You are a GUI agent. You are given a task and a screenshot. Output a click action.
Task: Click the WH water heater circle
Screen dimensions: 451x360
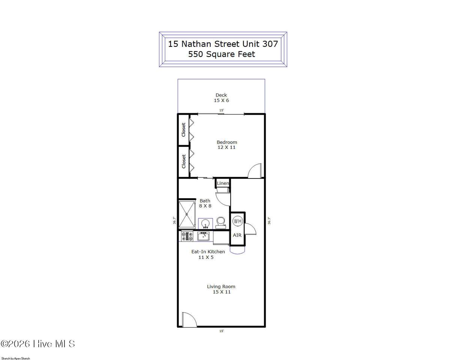[x=237, y=221]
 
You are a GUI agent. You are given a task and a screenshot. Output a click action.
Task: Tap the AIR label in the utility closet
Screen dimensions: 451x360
[x=237, y=235]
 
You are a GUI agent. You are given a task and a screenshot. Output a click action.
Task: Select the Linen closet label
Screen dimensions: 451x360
[x=223, y=183]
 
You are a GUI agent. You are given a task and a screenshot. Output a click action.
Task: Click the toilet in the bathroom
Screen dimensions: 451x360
[x=221, y=223]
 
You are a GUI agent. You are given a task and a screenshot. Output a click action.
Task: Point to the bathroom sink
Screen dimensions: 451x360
[x=205, y=224]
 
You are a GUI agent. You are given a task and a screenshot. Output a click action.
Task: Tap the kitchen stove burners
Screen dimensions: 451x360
[x=187, y=236]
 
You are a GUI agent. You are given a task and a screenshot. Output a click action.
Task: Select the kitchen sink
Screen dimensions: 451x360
[x=203, y=236]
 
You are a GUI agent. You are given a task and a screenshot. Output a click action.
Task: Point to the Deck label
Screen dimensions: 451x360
[x=221, y=95]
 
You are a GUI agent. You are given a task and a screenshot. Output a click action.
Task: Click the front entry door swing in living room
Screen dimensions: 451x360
[x=189, y=319]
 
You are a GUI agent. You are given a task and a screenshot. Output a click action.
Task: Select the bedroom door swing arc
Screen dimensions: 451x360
[x=255, y=171]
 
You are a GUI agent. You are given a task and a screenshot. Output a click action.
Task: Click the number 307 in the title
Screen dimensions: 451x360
[x=270, y=44]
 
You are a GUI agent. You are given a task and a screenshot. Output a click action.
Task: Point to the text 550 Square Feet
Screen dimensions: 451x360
[x=222, y=54]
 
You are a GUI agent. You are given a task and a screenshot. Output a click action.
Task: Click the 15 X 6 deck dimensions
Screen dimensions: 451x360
[x=221, y=100]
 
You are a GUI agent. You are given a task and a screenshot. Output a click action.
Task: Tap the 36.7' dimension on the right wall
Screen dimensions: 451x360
[x=269, y=221]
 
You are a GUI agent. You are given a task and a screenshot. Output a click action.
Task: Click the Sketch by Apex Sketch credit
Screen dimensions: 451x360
[x=16, y=358]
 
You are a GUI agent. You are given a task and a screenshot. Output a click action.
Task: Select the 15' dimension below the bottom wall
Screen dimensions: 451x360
[x=222, y=331]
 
